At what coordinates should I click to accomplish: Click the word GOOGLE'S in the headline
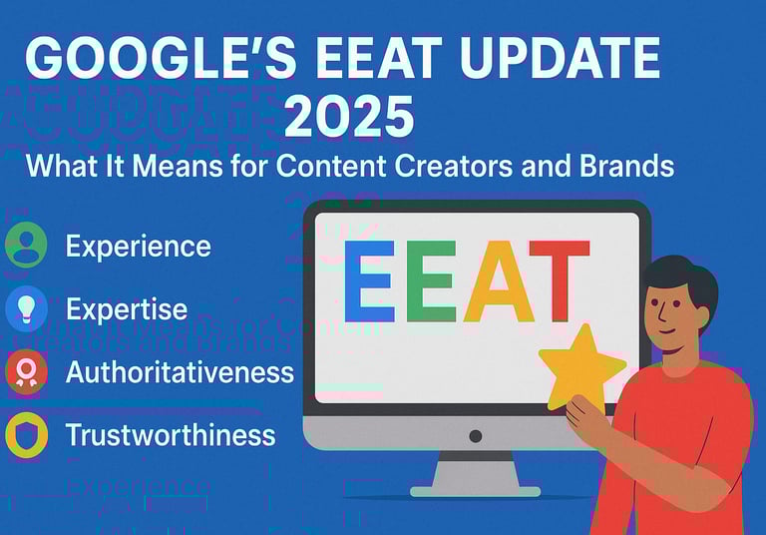tap(161, 58)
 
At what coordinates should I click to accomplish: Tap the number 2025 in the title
tap(349, 117)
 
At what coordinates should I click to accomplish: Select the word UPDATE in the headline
tap(560, 58)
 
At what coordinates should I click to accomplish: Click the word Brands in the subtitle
tap(626, 166)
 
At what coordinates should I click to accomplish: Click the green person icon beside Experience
tap(26, 245)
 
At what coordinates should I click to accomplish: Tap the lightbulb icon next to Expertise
tap(26, 309)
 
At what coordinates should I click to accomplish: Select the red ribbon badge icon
tap(26, 372)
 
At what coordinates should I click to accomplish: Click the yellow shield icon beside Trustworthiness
tap(26, 435)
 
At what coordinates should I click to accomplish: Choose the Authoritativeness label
tap(180, 372)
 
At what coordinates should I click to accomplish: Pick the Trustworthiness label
tap(171, 435)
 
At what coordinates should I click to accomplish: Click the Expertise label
tap(127, 309)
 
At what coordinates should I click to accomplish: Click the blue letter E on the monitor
tap(369, 281)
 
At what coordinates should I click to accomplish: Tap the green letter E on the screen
tap(431, 281)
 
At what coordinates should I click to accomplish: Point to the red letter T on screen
tap(560, 281)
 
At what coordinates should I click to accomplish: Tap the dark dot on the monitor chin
tap(476, 436)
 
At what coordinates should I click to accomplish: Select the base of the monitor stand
tap(476, 491)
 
